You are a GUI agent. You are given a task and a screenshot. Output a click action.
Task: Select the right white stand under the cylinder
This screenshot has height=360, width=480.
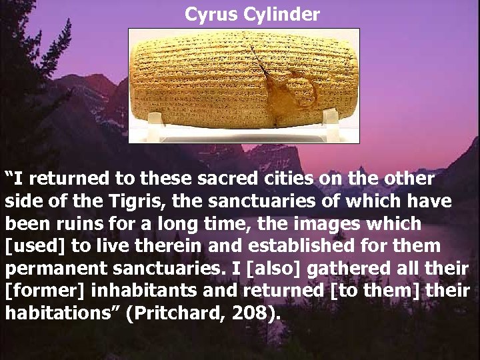331,119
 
